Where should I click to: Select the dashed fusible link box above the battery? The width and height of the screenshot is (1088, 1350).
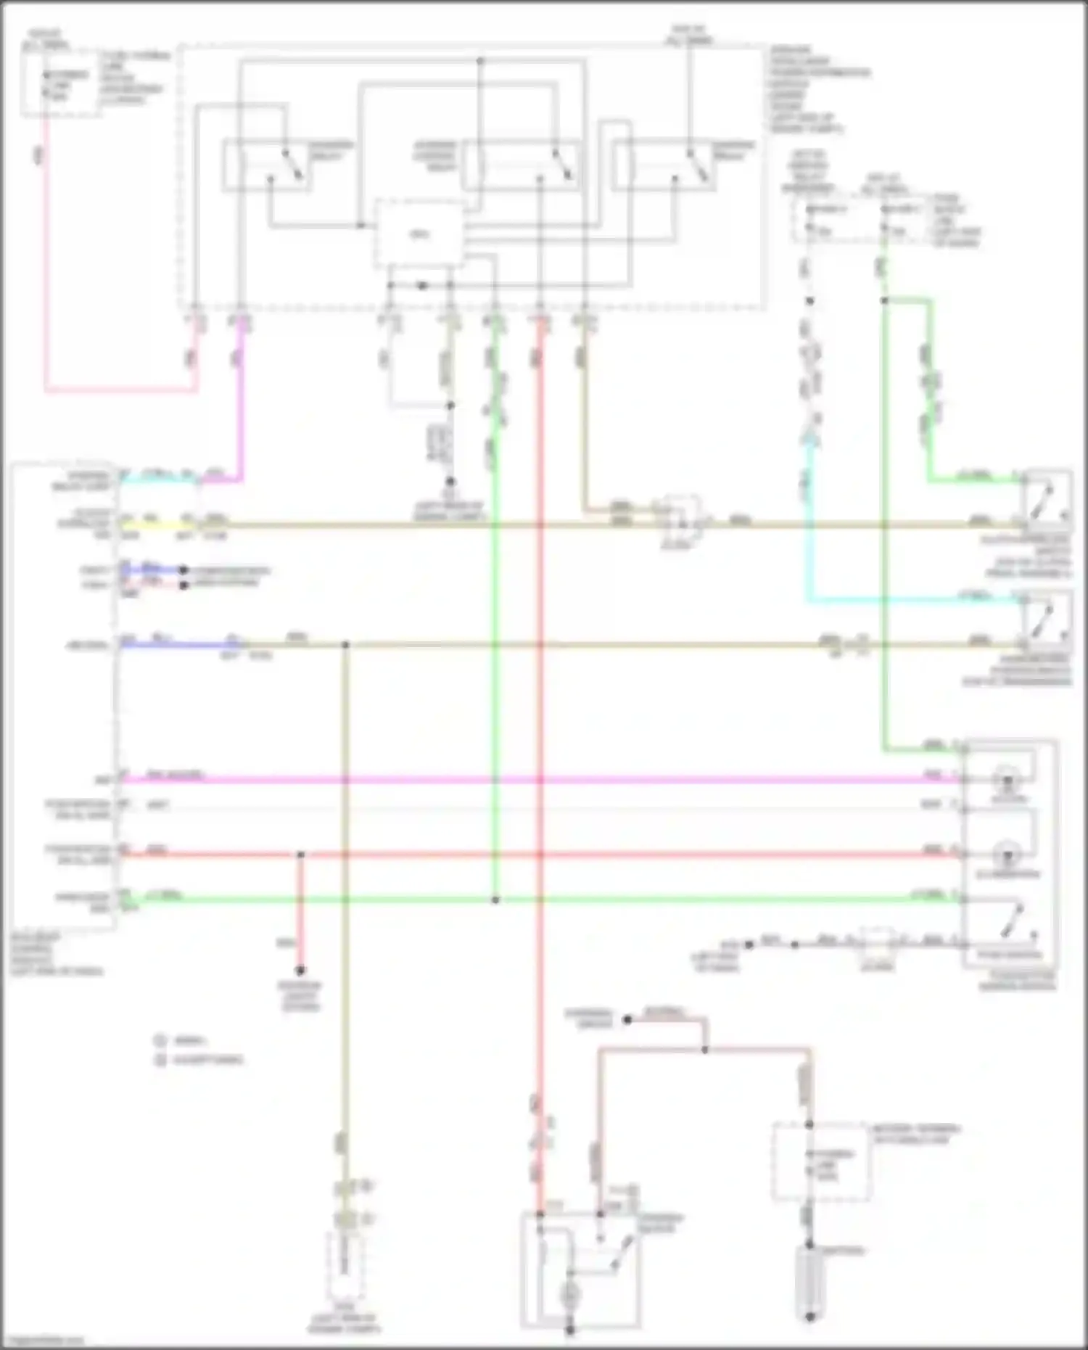tap(820, 1161)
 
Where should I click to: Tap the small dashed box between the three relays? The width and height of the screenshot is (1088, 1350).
tap(419, 234)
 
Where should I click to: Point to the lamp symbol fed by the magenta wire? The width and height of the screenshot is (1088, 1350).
tap(1007, 781)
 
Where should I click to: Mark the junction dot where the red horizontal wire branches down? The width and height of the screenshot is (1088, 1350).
tap(300, 855)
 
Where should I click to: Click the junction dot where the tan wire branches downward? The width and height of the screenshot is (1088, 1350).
tap(346, 644)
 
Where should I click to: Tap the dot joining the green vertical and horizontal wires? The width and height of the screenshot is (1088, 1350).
tap(495, 900)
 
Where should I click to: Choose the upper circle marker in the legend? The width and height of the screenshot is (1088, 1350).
tap(160, 1040)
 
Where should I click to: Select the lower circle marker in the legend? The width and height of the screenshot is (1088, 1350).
tap(160, 1060)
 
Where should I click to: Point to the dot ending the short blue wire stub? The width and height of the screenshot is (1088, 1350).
tap(184, 570)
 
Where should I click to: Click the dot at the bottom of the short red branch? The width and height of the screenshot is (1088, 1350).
tap(300, 971)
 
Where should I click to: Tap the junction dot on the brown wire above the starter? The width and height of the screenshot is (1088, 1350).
tap(704, 1050)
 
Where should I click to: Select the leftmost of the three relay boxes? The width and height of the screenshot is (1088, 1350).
tap(267, 166)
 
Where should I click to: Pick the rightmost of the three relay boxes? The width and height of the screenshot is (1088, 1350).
tap(663, 166)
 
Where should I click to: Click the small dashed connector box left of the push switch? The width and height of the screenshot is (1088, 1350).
tap(878, 943)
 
